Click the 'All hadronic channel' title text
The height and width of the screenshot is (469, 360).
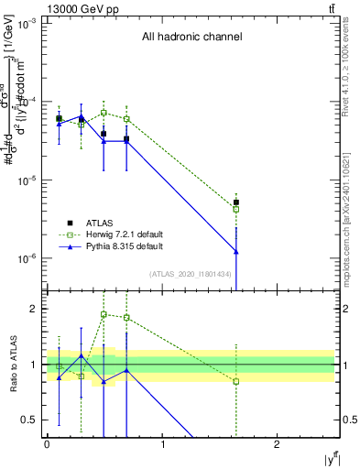191,38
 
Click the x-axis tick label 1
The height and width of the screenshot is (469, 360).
162,444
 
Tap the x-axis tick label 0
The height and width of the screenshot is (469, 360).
47,444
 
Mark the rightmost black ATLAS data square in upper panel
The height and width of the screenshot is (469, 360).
236,202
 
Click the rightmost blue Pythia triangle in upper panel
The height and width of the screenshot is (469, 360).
236,251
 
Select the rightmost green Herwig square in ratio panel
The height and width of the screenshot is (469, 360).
236,381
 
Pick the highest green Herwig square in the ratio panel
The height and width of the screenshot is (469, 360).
104,314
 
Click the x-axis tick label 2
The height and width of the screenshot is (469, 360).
278,444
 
